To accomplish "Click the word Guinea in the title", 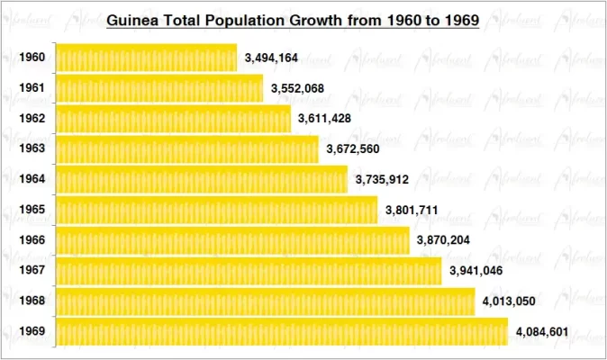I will pos(131,19).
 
